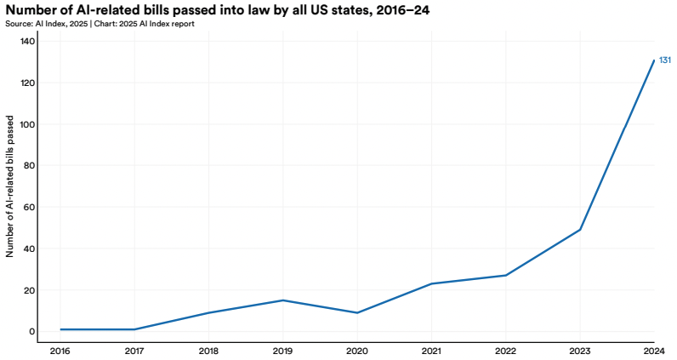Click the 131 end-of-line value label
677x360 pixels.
tap(666, 60)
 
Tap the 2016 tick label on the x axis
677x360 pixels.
tap(60, 350)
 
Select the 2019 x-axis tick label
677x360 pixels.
tap(282, 350)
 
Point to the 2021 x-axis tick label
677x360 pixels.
tap(431, 350)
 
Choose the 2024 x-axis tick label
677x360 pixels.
tap(654, 350)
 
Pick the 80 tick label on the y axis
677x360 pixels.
tap(29, 166)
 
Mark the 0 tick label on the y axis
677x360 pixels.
tap(31, 332)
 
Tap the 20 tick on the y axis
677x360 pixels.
tap(29, 290)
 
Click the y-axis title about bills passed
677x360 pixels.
tap(10, 186)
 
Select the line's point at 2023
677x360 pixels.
tap(580, 230)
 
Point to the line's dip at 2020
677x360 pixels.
tap(357, 312)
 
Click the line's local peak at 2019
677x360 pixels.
tap(282, 300)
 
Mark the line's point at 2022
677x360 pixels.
tap(506, 275)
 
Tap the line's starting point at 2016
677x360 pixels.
tap(60, 329)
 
